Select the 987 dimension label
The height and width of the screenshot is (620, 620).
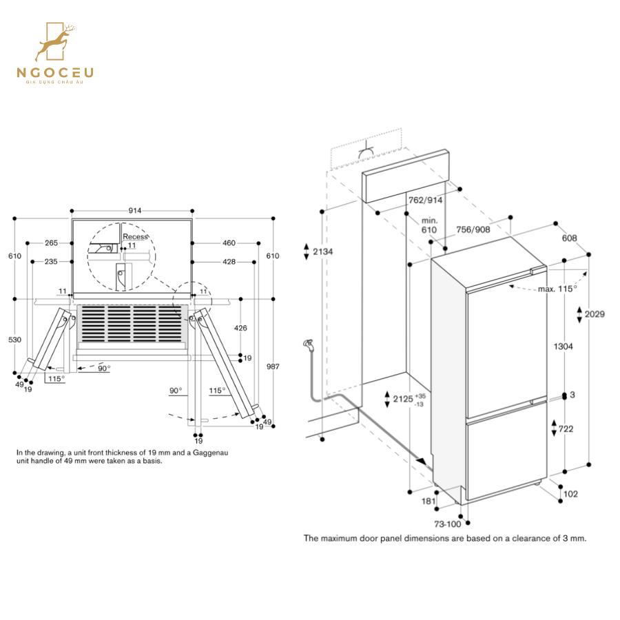[x=273, y=367]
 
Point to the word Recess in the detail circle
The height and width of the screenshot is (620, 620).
[x=134, y=237]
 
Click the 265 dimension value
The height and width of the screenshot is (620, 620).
[x=51, y=242]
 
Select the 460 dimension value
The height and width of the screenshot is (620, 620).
[x=229, y=242]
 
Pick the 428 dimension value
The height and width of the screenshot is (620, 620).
[x=229, y=262]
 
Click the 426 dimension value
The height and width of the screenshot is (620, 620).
[x=240, y=328]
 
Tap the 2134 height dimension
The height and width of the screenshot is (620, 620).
[x=322, y=252]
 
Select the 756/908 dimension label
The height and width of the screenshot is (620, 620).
[x=473, y=229]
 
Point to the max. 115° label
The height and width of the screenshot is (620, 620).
[x=557, y=289]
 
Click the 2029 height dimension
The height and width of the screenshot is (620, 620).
[x=595, y=314]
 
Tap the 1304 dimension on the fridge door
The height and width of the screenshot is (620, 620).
[x=563, y=347]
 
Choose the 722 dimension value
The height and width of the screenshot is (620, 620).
[x=565, y=429]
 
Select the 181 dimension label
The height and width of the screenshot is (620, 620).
[x=428, y=502]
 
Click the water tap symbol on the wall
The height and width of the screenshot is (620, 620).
[x=308, y=344]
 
